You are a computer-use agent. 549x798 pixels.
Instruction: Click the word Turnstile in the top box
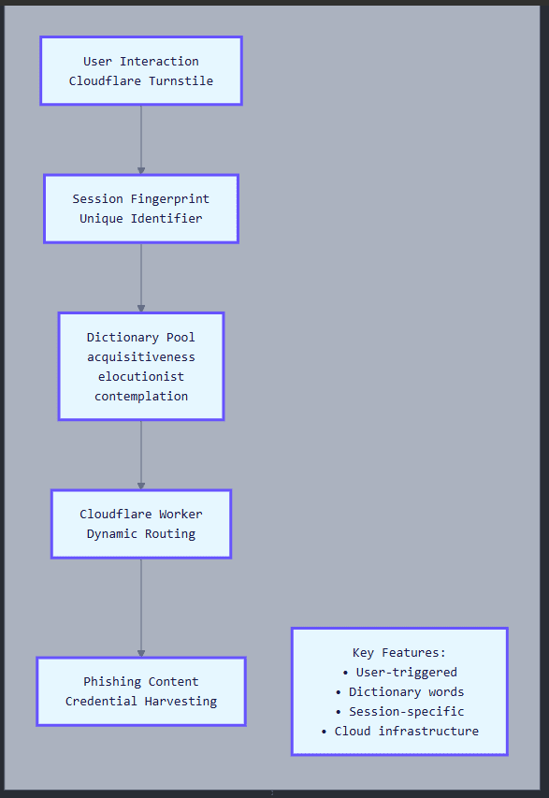click(x=181, y=80)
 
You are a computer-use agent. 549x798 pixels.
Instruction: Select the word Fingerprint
click(x=170, y=198)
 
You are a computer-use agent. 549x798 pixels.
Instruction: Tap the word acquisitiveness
click(x=141, y=357)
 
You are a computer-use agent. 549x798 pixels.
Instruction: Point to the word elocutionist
click(x=141, y=377)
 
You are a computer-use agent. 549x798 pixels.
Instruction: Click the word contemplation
click(x=141, y=397)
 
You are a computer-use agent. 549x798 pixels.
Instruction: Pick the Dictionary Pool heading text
click(x=141, y=338)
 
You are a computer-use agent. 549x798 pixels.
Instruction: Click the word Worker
click(x=181, y=514)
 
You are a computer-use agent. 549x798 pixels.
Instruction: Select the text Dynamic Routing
click(x=141, y=534)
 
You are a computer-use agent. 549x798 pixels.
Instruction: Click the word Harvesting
click(x=181, y=702)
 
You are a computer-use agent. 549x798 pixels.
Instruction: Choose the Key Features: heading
click(x=399, y=652)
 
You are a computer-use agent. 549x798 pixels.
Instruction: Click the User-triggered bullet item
click(x=400, y=673)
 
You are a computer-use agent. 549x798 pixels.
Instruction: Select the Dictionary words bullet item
click(x=400, y=692)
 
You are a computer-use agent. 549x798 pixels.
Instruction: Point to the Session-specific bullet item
click(x=400, y=712)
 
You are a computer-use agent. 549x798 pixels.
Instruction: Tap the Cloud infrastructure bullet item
click(x=400, y=732)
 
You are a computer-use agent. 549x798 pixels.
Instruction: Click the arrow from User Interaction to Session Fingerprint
click(x=141, y=140)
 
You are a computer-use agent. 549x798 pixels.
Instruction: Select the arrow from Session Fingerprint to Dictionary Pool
click(x=141, y=278)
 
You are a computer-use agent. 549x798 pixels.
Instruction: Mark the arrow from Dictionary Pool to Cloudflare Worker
click(x=141, y=455)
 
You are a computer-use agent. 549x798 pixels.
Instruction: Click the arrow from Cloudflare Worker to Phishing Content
click(x=141, y=608)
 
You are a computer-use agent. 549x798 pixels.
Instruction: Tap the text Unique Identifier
click(x=141, y=218)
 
